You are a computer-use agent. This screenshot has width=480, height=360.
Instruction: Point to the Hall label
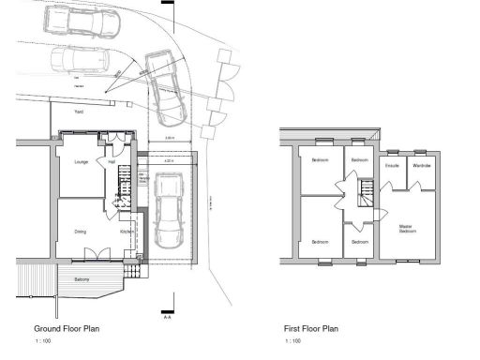point(111,162)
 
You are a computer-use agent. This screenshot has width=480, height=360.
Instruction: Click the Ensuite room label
point(392,165)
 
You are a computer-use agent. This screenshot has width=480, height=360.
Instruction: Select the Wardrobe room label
point(421,165)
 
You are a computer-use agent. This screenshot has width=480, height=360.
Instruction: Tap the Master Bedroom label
point(407,228)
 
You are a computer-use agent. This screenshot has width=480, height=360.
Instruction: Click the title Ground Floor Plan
point(67,329)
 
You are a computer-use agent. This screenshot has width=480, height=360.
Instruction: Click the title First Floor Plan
point(310,329)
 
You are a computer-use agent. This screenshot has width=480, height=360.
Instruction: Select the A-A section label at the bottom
point(167,317)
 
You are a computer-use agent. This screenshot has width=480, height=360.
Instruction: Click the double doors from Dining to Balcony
point(95,254)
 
